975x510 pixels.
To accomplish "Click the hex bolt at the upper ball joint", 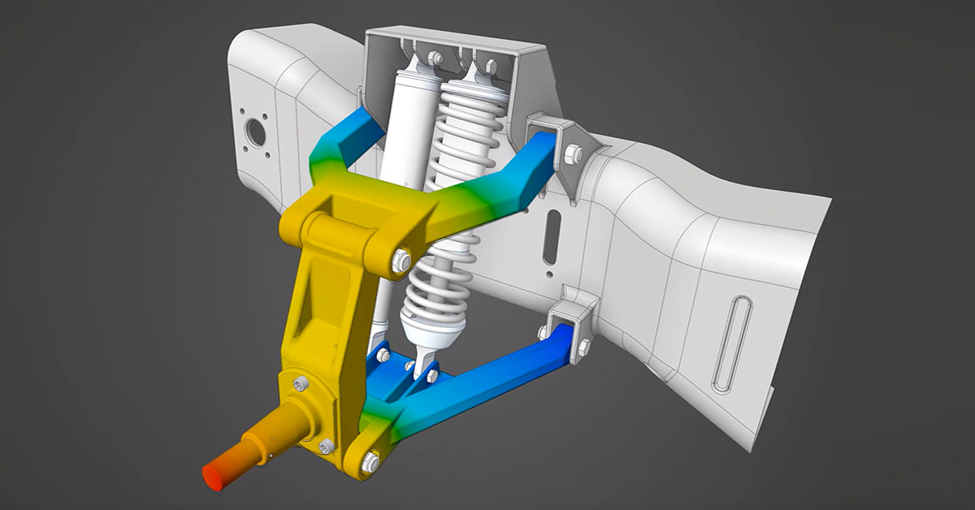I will (x=401, y=261).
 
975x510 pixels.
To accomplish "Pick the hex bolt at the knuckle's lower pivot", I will (x=370, y=462).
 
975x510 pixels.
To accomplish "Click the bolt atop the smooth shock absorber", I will (x=435, y=58).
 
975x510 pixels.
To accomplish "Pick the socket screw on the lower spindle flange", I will (x=326, y=446).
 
